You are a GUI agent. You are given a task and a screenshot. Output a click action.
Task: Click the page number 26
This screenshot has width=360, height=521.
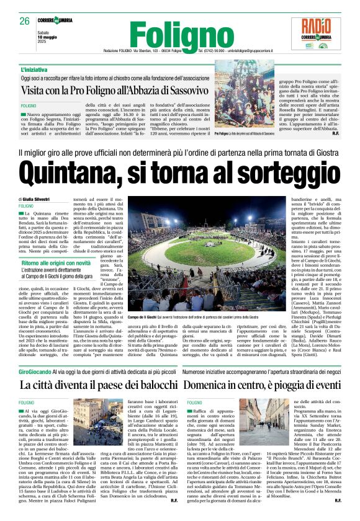pos(24,20)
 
